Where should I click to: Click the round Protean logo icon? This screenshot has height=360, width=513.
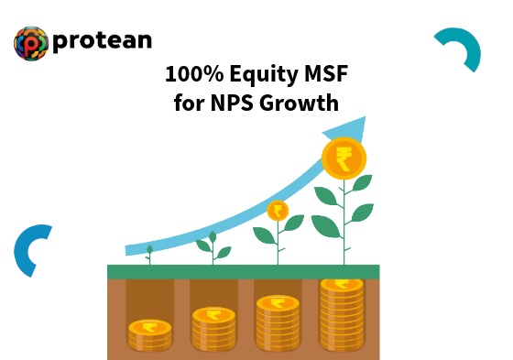click(x=31, y=43)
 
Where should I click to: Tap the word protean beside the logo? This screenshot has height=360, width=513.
click(x=104, y=42)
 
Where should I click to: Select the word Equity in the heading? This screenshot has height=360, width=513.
click(x=258, y=74)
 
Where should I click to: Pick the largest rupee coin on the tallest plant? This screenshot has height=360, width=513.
click(x=344, y=156)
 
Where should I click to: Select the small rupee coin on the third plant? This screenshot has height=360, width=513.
click(x=278, y=211)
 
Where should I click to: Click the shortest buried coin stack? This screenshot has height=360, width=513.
click(x=149, y=333)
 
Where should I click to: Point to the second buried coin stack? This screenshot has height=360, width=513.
click(x=213, y=328)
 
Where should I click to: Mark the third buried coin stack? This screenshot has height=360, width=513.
click(x=278, y=322)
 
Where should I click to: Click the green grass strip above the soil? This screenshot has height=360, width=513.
click(x=243, y=271)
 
